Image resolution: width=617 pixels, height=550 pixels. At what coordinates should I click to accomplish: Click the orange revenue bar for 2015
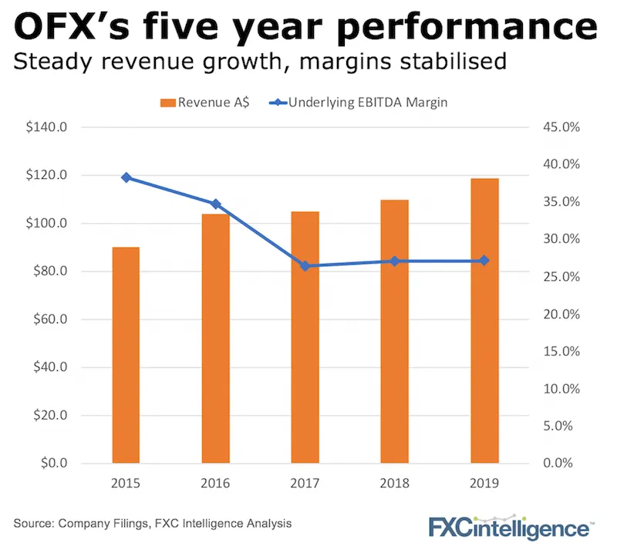pos(126,355)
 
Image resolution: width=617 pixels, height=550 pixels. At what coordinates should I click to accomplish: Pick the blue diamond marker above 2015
pos(126,177)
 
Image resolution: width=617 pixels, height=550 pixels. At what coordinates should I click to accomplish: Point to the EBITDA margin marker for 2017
pos(305,266)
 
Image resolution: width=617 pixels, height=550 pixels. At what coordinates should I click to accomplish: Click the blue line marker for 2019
pos(484,261)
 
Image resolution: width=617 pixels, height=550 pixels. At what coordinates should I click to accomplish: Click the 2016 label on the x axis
pos(215,484)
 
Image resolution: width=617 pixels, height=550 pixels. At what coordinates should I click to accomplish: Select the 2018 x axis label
pos(395,484)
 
